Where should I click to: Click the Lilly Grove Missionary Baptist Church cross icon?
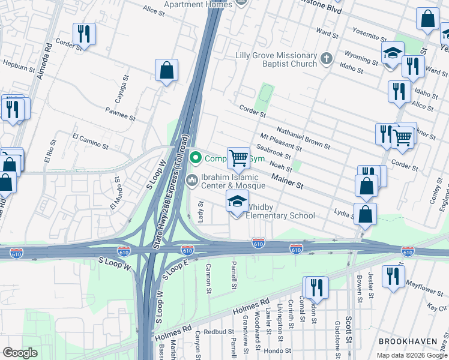click(326, 59)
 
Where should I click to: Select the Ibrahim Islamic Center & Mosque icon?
click(193, 179)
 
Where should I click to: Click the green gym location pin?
click(195, 158)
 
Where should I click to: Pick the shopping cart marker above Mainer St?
click(238, 158)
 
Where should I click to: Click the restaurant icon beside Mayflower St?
click(393, 277)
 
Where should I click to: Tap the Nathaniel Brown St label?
click(303, 137)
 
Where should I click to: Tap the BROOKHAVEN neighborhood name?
click(408, 341)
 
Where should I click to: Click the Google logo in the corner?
click(20, 352)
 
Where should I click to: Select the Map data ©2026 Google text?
click(411, 355)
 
